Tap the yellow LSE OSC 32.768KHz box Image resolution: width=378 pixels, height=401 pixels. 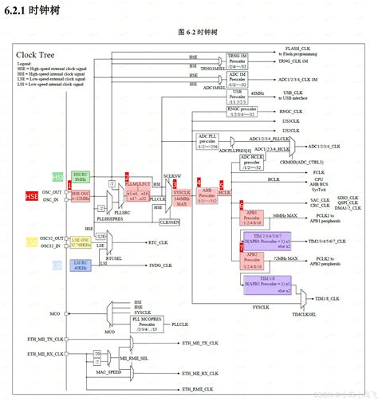(x=81, y=242)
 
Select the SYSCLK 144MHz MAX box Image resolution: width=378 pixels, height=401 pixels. (x=182, y=194)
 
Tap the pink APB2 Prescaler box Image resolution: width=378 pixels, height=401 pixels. (x=253, y=259)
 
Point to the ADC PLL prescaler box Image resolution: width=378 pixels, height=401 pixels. (x=211, y=141)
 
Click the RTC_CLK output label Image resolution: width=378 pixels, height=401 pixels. (x=157, y=242)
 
